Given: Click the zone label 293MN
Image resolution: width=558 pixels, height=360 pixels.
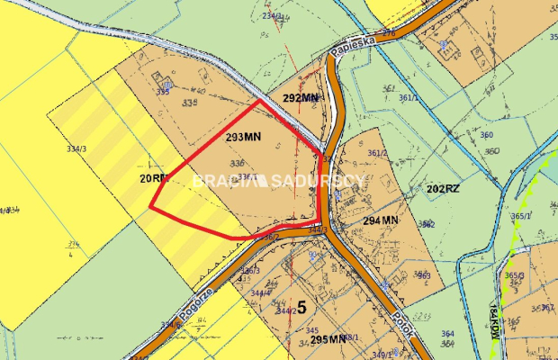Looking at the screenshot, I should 243,139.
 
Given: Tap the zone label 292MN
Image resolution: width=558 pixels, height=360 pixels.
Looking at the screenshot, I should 301,97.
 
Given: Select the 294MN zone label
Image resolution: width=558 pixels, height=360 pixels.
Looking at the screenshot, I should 381,220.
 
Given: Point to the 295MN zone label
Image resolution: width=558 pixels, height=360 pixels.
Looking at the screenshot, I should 328,339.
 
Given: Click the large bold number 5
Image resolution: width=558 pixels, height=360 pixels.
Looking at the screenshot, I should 301,307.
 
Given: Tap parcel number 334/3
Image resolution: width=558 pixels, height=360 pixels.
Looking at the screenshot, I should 76,149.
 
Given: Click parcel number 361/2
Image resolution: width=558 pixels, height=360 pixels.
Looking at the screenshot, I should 377,153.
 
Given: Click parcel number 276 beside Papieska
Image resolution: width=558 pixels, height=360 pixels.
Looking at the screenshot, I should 388,32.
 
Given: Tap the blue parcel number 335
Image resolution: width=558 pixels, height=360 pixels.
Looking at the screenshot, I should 163,92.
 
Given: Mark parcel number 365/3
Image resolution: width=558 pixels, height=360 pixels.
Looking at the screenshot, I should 514,275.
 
